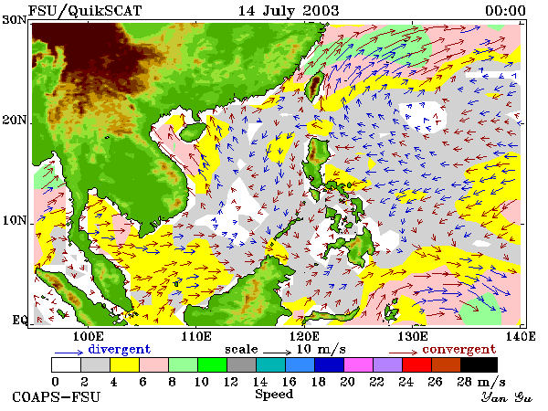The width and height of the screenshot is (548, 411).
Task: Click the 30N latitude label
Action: (x=15, y=19)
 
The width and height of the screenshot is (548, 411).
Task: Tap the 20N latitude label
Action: (x=15, y=121)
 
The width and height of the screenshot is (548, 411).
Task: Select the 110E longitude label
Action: (x=196, y=336)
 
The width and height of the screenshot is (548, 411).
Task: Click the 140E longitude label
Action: (x=521, y=336)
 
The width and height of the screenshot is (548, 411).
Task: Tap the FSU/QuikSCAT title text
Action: (x=85, y=11)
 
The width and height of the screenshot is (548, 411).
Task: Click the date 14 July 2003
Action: (x=289, y=11)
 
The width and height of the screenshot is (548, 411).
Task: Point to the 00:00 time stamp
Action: (x=505, y=11)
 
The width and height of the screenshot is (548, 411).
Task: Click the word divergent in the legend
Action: (x=119, y=349)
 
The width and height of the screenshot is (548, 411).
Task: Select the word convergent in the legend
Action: (x=459, y=349)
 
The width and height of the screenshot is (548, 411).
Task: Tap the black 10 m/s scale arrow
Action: (x=277, y=352)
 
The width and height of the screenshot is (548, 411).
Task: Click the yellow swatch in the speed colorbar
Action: (x=124, y=364)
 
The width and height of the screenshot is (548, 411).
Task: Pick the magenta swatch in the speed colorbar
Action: (x=359, y=364)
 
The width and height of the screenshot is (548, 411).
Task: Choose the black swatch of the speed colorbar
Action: (x=479, y=364)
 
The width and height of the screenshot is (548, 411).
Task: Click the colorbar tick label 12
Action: (x=230, y=382)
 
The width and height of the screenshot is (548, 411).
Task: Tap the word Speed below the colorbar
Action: (x=274, y=395)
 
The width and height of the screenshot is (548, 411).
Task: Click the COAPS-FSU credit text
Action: (x=57, y=397)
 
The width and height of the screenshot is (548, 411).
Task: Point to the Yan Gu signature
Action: (x=506, y=397)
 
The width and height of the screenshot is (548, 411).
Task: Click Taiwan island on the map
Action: (x=314, y=87)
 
